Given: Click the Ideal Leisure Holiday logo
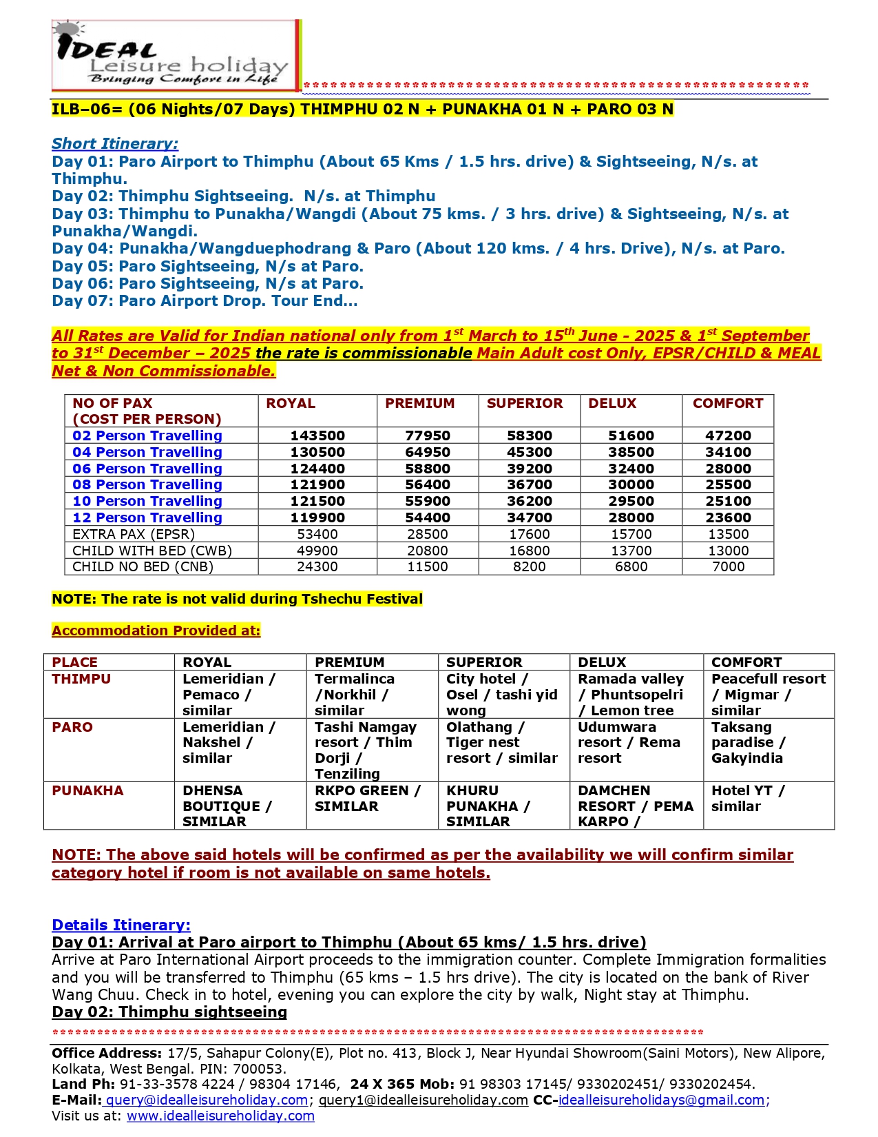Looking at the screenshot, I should coord(176,55).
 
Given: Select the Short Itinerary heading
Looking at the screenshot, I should coord(115,143).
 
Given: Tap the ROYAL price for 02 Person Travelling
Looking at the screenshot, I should coord(317,436).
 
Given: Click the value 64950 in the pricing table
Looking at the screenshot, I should coord(427,452).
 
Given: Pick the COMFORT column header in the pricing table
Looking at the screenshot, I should coord(728,403).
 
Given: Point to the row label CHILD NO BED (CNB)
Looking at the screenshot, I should coord(143,566).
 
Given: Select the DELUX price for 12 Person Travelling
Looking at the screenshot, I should coord(631,518).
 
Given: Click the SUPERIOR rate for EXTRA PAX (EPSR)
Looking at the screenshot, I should coord(529,534).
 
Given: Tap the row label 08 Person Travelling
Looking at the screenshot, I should coord(147,484).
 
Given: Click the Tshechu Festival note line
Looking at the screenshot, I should coord(237,599).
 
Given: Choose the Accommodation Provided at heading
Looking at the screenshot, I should coord(156,631).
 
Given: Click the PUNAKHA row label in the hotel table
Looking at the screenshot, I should coord(87,790).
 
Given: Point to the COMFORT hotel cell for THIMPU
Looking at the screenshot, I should coord(768,695).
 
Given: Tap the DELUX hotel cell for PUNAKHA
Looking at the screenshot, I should coord(635,806).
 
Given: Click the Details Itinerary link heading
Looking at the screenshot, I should coord(121,925).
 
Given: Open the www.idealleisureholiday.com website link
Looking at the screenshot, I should coord(220,1116).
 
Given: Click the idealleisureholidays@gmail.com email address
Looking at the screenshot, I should coord(661,1100).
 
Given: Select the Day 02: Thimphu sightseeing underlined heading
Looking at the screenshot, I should coord(169,1012).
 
